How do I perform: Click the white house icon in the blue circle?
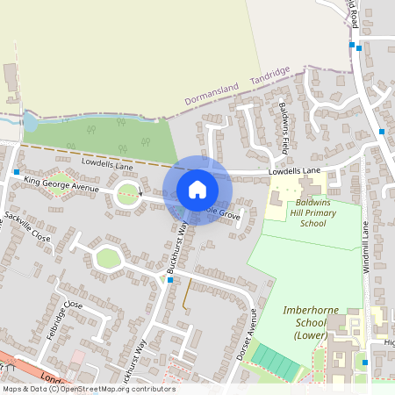click(x=197, y=190)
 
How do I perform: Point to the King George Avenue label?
click(x=62, y=183)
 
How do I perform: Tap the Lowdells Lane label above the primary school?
click(x=295, y=171)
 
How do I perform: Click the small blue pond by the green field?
click(x=30, y=122)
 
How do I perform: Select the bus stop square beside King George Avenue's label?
click(x=16, y=173)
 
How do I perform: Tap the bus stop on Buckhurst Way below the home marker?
click(x=170, y=280)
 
